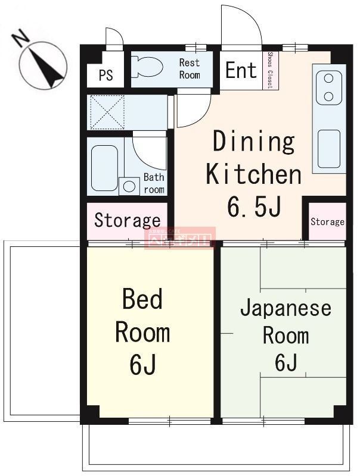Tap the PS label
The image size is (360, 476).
(x=105, y=76)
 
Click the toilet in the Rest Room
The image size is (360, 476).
(x=146, y=67)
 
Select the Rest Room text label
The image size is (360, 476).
(x=190, y=69)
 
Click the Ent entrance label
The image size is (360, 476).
(x=241, y=71)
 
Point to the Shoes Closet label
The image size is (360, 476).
(x=270, y=71)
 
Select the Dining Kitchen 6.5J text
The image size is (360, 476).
(x=253, y=174)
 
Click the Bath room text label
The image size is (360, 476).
(x=154, y=183)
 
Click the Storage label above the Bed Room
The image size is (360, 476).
(x=128, y=221)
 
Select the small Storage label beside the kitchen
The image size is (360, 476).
(x=327, y=222)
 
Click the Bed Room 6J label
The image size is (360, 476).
(x=142, y=331)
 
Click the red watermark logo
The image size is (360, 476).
(x=179, y=238)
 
